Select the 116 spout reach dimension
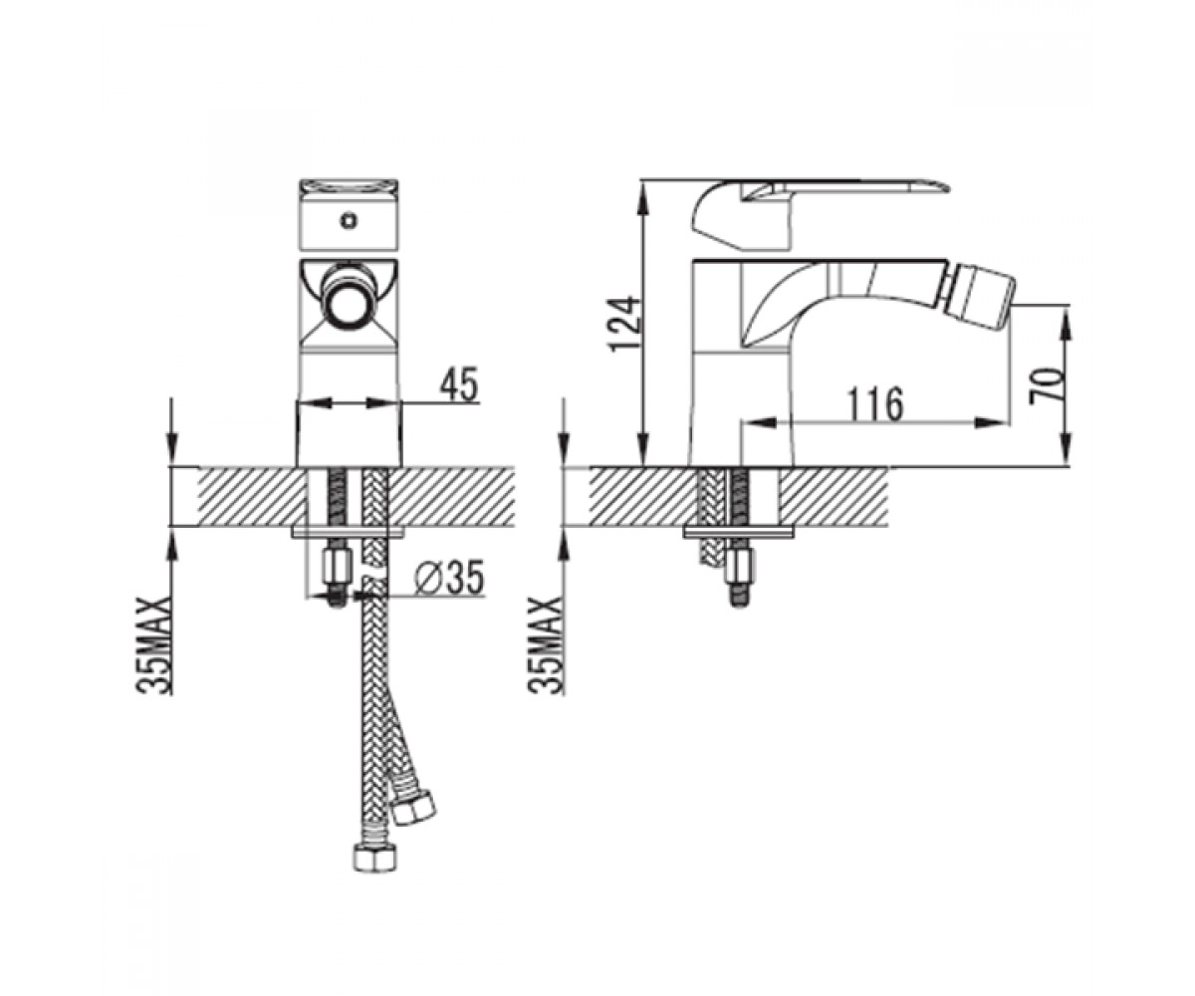(x=874, y=404)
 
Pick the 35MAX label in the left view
(x=154, y=646)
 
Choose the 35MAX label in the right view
(x=546, y=646)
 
